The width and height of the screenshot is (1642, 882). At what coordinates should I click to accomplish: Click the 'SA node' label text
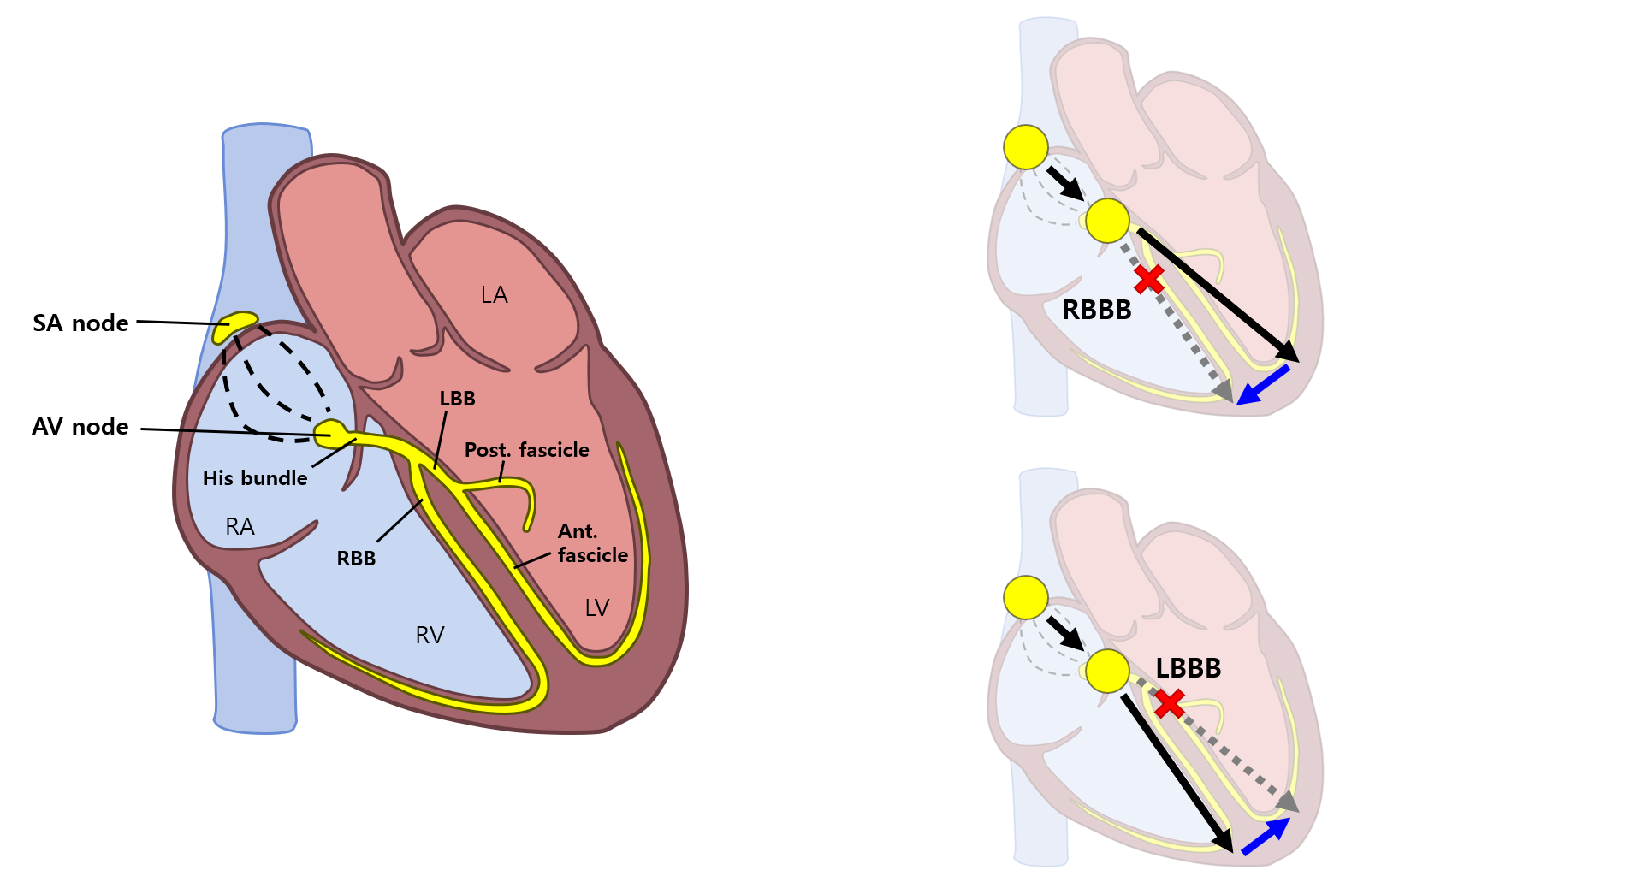click(x=80, y=323)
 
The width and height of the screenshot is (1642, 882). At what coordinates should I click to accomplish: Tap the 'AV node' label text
click(x=80, y=426)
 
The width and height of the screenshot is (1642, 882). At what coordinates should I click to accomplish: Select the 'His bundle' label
click(x=255, y=478)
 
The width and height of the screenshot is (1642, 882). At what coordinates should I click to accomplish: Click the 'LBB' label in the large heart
click(x=457, y=399)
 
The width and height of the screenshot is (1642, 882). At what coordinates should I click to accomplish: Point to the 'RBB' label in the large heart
click(x=356, y=559)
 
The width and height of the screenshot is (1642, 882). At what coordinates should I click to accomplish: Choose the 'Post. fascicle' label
click(x=526, y=450)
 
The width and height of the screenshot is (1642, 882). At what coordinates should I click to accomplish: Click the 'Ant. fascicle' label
click(x=592, y=543)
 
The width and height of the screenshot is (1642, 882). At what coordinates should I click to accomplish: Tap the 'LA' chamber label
click(x=494, y=295)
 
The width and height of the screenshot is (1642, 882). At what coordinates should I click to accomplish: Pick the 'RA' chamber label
click(x=240, y=527)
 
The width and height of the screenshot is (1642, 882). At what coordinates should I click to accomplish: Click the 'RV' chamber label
click(x=430, y=635)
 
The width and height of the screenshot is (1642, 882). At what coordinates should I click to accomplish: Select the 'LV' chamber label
click(x=596, y=608)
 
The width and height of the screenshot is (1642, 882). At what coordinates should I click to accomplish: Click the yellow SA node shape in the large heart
click(x=234, y=326)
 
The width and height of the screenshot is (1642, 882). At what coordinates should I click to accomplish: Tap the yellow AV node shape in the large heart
click(x=331, y=433)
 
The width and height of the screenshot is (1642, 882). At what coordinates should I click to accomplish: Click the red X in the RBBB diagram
click(x=1149, y=279)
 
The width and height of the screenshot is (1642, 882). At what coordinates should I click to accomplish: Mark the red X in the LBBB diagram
click(x=1169, y=703)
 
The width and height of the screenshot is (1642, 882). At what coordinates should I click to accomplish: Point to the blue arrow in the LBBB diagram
click(x=1266, y=836)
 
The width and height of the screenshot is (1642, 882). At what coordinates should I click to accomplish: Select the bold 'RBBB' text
click(x=1096, y=310)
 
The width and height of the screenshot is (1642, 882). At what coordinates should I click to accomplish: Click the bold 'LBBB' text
click(x=1188, y=668)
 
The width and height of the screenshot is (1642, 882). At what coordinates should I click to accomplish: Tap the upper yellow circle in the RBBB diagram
click(x=1025, y=147)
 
